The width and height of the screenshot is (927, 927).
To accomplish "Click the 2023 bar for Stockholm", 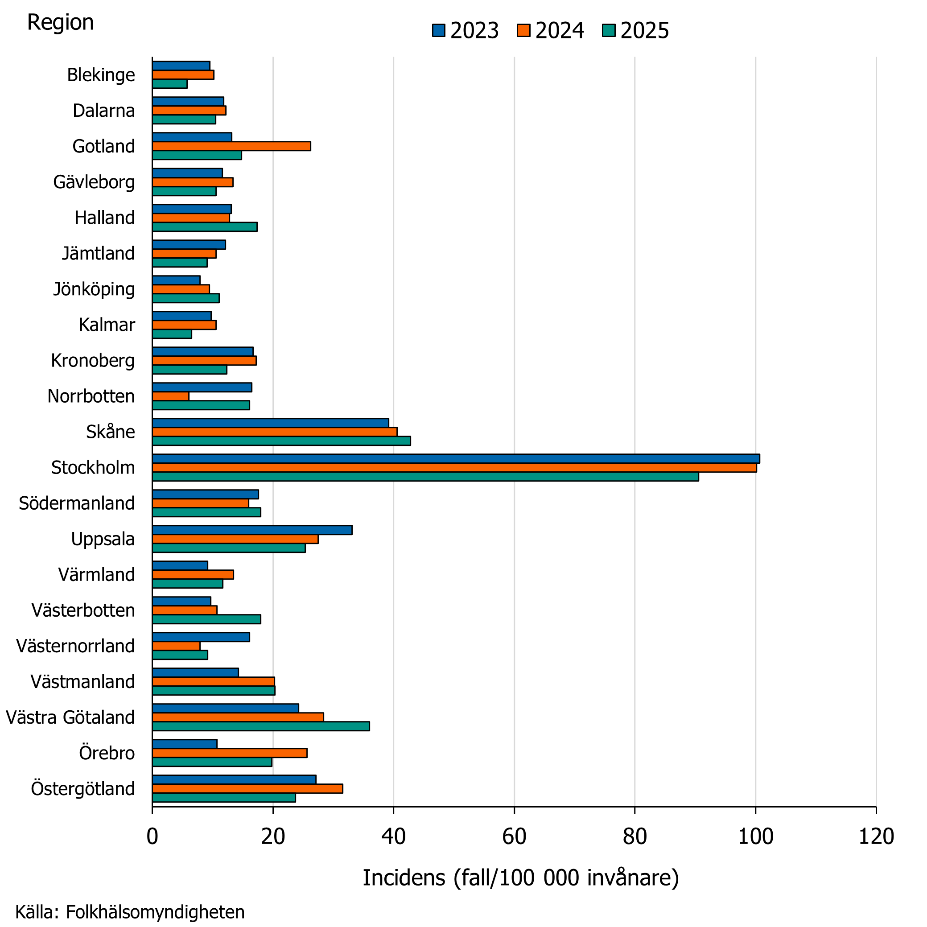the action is click(456, 458).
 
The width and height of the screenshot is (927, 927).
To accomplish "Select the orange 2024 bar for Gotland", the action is click(231, 146).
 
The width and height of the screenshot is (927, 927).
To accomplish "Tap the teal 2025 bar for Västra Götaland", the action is click(261, 726).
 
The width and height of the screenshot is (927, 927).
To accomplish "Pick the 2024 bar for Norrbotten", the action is click(170, 396).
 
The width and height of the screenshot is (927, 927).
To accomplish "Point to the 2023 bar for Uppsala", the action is click(252, 530).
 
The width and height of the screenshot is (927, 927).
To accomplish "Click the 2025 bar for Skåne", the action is click(282, 441).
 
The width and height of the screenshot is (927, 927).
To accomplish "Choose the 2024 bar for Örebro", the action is click(230, 753).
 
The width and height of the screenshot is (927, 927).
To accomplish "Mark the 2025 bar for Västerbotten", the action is click(207, 619).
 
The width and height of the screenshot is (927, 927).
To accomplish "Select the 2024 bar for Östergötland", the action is click(247, 788).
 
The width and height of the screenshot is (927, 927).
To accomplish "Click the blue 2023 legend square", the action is click(439, 30).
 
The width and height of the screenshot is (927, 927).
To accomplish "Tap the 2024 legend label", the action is click(560, 31).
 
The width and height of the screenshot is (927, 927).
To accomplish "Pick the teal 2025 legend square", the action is click(609, 30).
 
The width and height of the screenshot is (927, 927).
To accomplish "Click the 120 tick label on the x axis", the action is click(876, 837).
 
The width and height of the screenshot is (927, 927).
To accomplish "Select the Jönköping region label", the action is click(94, 290).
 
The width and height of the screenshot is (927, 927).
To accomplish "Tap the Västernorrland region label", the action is click(75, 646).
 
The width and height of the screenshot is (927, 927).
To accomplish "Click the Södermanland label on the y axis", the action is click(77, 503).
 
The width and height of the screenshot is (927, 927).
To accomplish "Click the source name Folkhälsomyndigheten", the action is click(155, 912).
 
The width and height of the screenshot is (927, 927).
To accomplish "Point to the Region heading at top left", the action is click(60, 23).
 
